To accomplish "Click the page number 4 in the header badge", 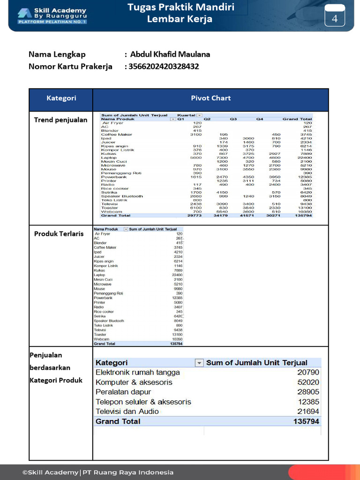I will (x=335, y=19).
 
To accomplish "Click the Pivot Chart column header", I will (x=210, y=98).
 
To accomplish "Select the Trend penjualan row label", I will (x=60, y=120).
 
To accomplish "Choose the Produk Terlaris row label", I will (x=59, y=233).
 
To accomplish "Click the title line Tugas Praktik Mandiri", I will (x=181, y=7).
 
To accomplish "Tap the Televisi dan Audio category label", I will (x=127, y=412).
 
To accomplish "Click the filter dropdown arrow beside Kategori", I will (x=199, y=363).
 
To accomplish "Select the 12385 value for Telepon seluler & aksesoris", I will (x=309, y=402).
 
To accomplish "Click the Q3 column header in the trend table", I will (x=233, y=119).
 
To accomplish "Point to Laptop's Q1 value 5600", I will (x=195, y=158).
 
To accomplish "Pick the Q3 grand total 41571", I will (x=247, y=216).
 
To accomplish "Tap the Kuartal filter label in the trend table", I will (x=186, y=115).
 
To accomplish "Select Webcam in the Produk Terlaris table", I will (x=101, y=339).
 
